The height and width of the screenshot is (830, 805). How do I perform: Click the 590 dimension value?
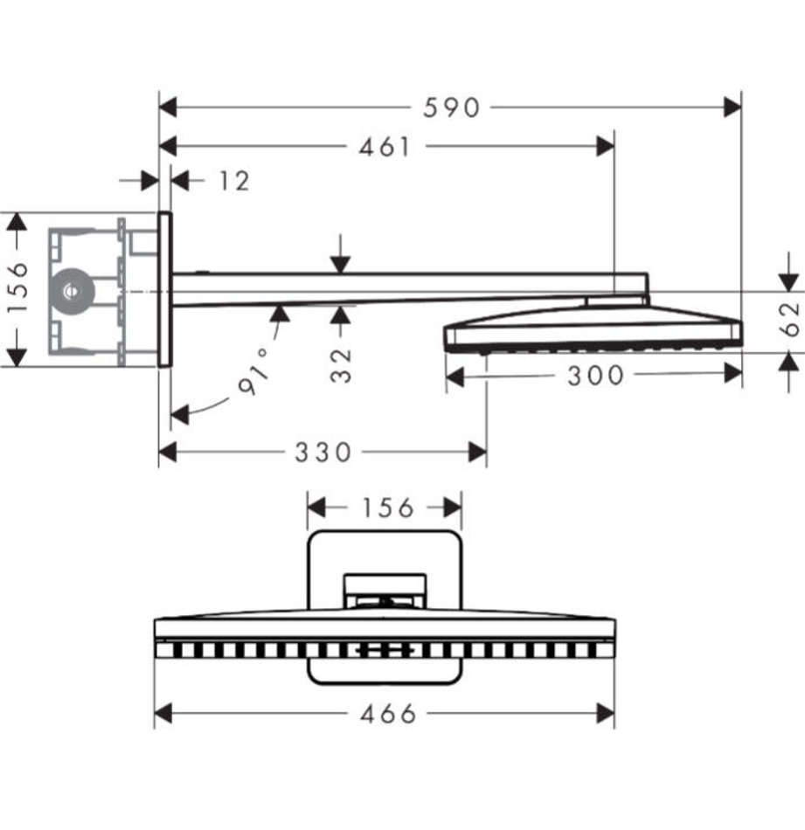click(x=452, y=107)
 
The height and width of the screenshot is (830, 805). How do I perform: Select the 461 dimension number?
click(x=385, y=147)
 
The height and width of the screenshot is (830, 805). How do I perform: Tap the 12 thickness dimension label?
click(x=233, y=181)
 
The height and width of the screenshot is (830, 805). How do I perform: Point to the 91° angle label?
click(x=254, y=378)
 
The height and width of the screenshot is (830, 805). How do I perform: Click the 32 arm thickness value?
click(x=342, y=365)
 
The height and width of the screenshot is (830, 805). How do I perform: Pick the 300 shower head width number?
click(x=596, y=376)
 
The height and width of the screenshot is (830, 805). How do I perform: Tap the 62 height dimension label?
click(x=790, y=319)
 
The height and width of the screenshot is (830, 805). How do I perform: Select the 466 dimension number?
click(x=388, y=714)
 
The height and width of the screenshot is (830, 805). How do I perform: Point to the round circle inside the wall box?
click(x=69, y=289)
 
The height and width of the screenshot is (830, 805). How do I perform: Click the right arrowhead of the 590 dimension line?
click(x=732, y=107)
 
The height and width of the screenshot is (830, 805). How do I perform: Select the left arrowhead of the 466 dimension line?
click(x=163, y=714)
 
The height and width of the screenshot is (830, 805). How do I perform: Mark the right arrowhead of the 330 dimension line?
click(x=477, y=452)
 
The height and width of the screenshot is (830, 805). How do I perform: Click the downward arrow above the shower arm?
click(x=341, y=264)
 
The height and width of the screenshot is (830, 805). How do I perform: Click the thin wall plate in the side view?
click(x=164, y=289)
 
